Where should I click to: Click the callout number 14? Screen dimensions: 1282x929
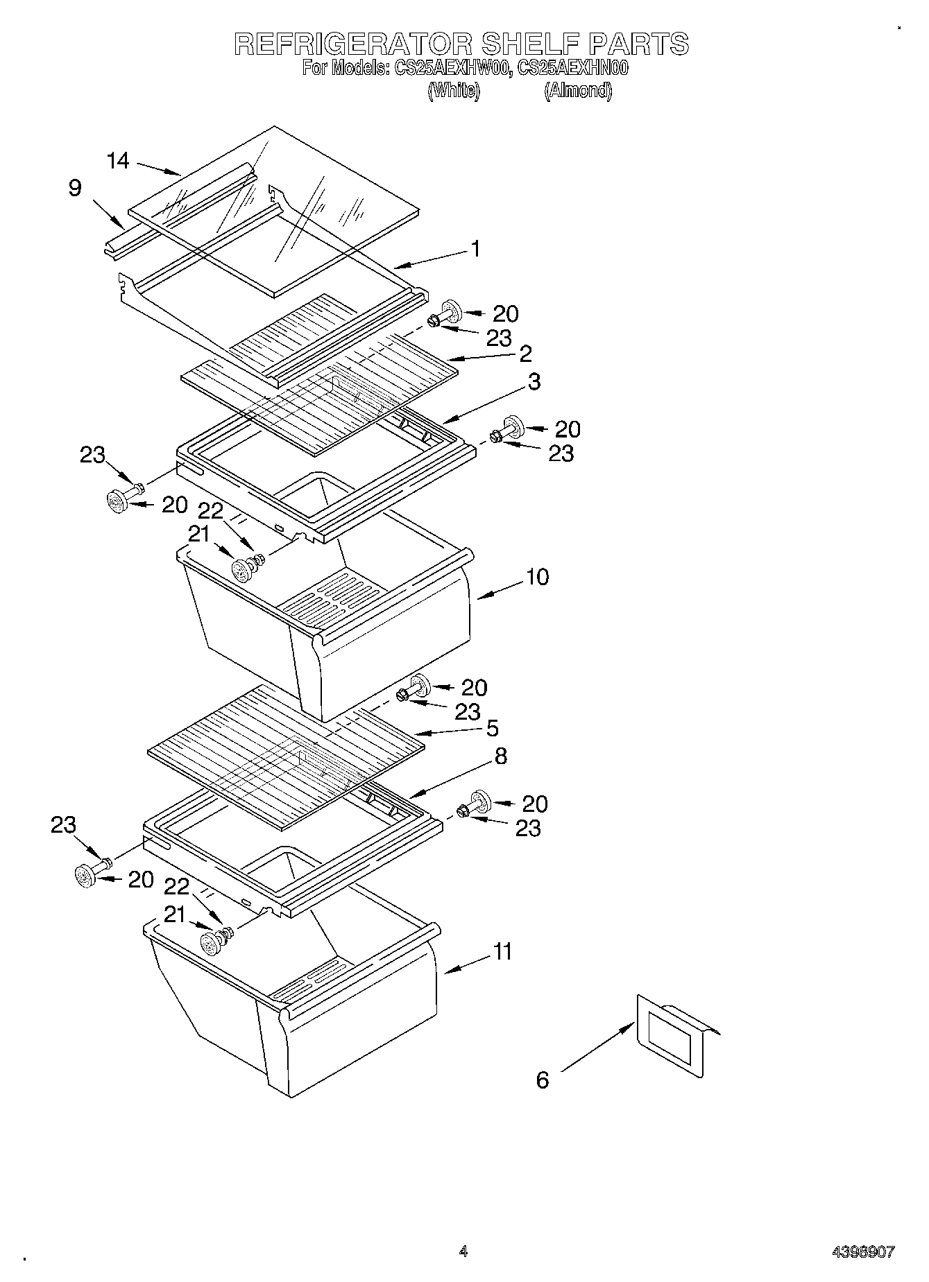tap(118, 161)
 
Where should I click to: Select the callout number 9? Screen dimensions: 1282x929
tap(75, 188)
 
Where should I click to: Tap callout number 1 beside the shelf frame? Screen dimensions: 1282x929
tap(475, 248)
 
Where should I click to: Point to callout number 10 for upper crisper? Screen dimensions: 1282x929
tap(537, 577)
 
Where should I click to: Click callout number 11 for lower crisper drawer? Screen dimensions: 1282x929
tap(502, 951)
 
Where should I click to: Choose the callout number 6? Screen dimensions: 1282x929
tap(543, 1080)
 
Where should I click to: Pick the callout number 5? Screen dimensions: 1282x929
tap(492, 728)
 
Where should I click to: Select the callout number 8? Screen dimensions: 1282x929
tap(500, 756)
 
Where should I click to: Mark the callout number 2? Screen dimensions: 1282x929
tap(525, 354)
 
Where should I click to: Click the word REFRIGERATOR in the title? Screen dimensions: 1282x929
tap(352, 44)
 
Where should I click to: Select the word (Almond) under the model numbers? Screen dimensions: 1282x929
tap(578, 91)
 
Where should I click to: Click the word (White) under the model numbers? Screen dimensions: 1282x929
tap(454, 91)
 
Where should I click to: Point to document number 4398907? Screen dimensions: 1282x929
tap(863, 1252)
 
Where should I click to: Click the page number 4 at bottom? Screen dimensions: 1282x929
tap(463, 1251)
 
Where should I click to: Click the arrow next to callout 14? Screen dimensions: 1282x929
tap(158, 168)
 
